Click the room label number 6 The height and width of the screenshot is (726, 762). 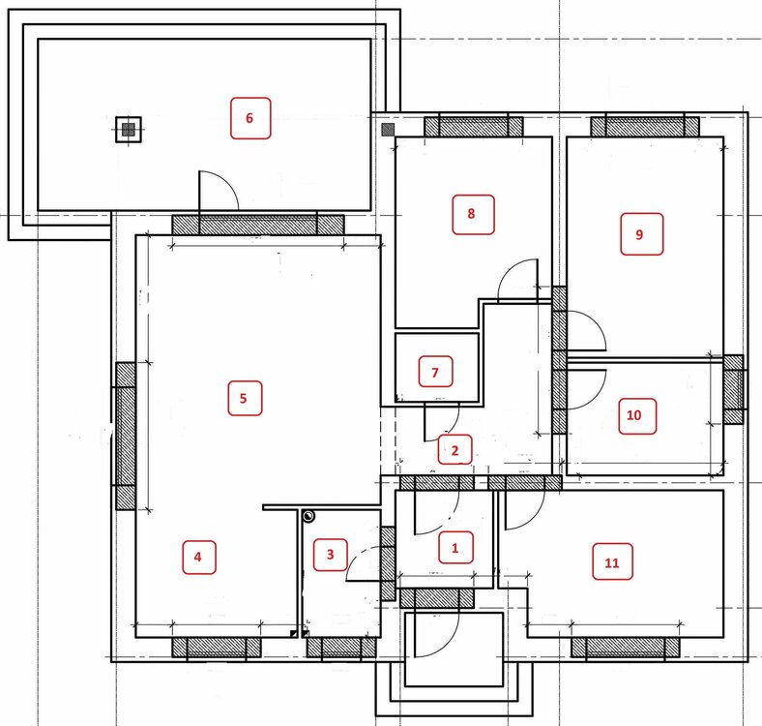pyautogui.click(x=249, y=118)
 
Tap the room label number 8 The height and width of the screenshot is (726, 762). pyautogui.click(x=471, y=214)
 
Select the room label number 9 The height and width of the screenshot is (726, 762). pyautogui.click(x=639, y=234)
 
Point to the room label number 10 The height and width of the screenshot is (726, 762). pyautogui.click(x=633, y=415)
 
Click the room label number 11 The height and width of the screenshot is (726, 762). pyautogui.click(x=612, y=563)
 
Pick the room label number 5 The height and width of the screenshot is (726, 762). pyautogui.click(x=244, y=399)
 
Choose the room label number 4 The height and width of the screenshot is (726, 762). pyautogui.click(x=198, y=557)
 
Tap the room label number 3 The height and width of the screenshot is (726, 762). pyautogui.click(x=330, y=555)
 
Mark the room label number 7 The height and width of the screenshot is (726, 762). pyautogui.click(x=435, y=373)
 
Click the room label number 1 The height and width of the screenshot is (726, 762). pyautogui.click(x=454, y=548)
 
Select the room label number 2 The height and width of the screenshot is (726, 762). pyautogui.click(x=454, y=450)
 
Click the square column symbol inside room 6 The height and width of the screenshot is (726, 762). pyautogui.click(x=129, y=130)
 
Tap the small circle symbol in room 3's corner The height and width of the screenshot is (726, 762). pyautogui.click(x=308, y=516)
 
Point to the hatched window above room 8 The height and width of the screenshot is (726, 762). pyautogui.click(x=474, y=127)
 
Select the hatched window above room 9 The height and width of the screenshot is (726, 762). pyautogui.click(x=645, y=127)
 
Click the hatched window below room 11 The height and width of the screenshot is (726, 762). pyautogui.click(x=625, y=648)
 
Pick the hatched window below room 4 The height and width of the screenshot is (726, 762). pyautogui.click(x=217, y=648)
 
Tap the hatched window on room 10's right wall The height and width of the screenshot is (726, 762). pyautogui.click(x=733, y=389)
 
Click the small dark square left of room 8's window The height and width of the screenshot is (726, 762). pyautogui.click(x=388, y=130)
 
